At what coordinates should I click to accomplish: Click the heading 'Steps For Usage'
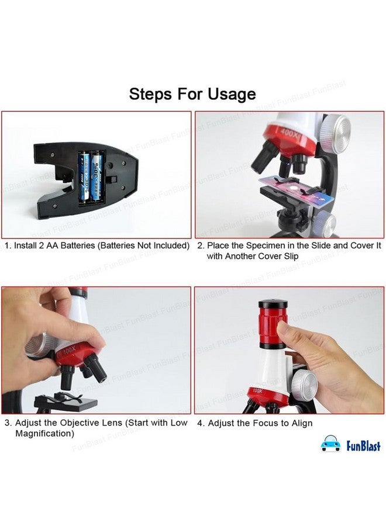coord(192,94)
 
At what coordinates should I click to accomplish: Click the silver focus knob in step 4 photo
coord(304,384)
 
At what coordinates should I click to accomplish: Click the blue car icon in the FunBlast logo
coord(330,445)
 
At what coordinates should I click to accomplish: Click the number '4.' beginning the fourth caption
coord(201,423)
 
